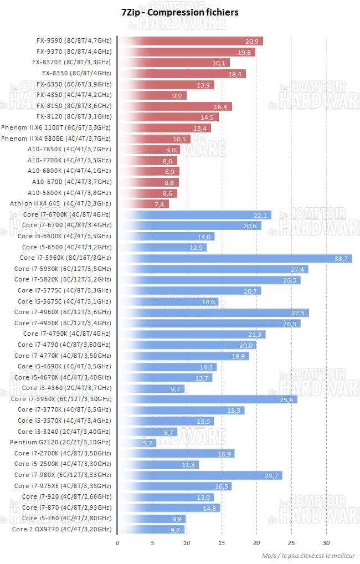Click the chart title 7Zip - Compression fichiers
pos(180,12)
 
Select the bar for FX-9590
pos(191,41)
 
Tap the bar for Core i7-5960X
pos(235,258)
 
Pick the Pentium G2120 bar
pos(137,443)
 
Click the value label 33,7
pos(341,258)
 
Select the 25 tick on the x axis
pos(291,542)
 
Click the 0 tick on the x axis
pos(117,542)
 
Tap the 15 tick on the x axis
pos(222,542)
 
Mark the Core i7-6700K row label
pos(67,214)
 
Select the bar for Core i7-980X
pos(200,475)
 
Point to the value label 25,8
pos(289,399)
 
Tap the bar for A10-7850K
pos(148,150)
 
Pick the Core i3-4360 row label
pos(64,388)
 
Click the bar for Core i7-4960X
pos(213,312)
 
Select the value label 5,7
pos(148,443)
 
